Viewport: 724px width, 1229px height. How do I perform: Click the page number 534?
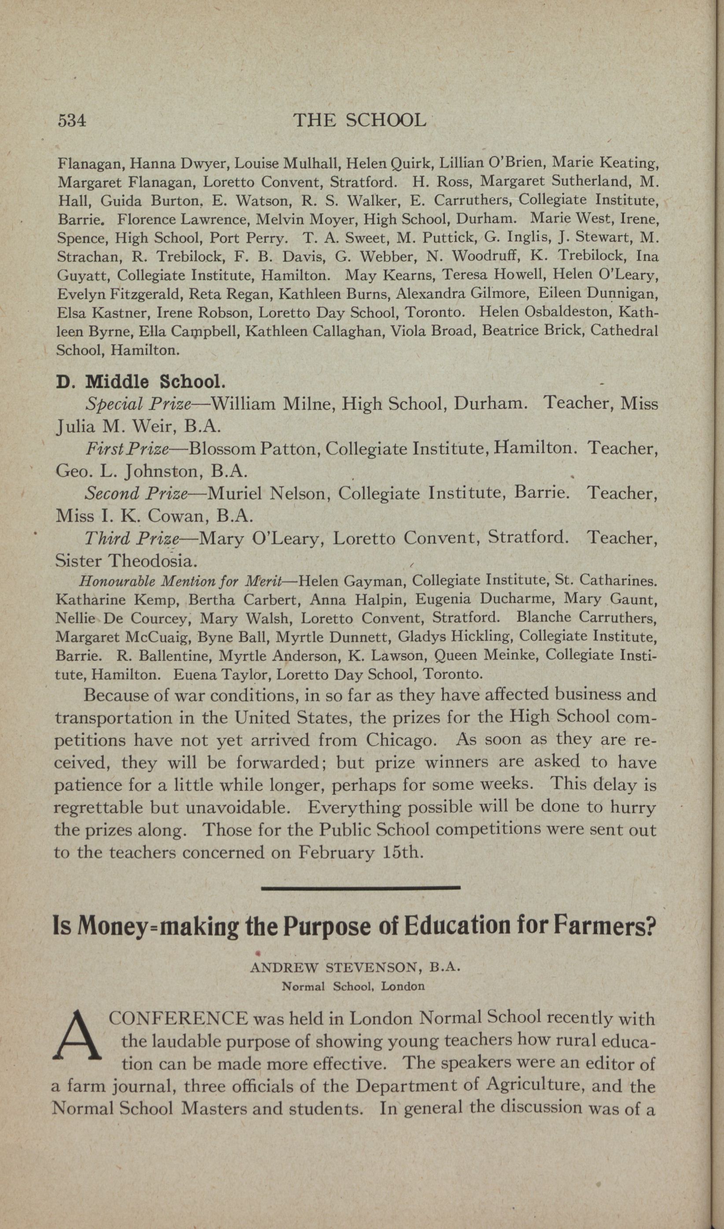pyautogui.click(x=72, y=120)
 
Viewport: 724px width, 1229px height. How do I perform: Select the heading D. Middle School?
pyautogui.click(x=141, y=381)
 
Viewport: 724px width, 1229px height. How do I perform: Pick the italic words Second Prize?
pyautogui.click(x=137, y=494)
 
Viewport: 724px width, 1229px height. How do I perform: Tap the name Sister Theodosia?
pyautogui.click(x=127, y=561)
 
